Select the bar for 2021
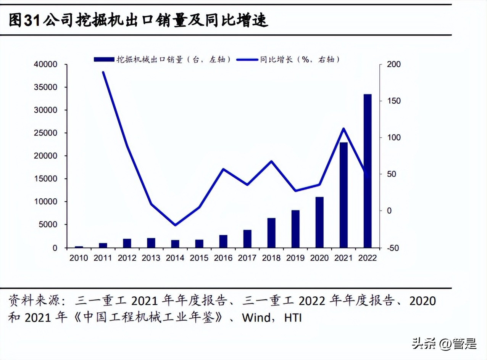click(343, 195)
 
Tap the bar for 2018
click(271, 233)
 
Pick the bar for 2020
click(319, 222)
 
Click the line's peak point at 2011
click(103, 72)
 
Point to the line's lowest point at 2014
click(175, 225)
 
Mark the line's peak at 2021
click(343, 129)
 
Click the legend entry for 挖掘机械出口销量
click(162, 59)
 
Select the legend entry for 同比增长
click(288, 59)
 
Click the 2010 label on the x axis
click(79, 258)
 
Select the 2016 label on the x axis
click(223, 258)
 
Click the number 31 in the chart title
click(32, 21)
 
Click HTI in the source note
click(293, 318)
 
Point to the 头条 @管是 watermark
click(444, 344)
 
